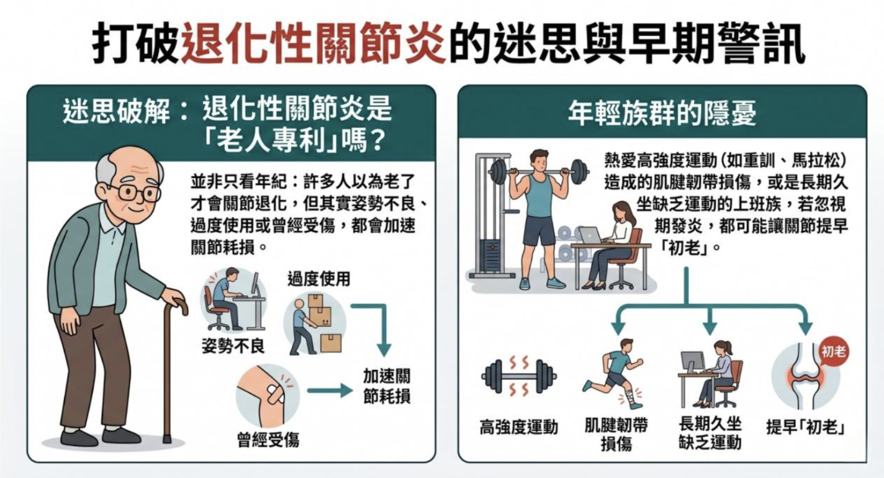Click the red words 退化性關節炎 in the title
(x=313, y=43)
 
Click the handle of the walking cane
(x=178, y=305)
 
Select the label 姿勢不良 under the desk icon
(x=233, y=346)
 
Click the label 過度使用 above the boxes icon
(x=318, y=279)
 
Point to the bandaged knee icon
(x=268, y=395)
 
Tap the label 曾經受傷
(x=268, y=440)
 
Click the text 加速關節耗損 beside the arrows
(x=386, y=386)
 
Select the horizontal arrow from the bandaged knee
(x=330, y=390)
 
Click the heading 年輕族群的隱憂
(x=662, y=113)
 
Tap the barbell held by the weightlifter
(x=539, y=172)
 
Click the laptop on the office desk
(x=589, y=235)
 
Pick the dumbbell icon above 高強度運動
(x=519, y=376)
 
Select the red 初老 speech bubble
(x=833, y=351)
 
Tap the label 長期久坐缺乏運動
(x=710, y=433)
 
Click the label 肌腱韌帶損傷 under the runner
(x=616, y=434)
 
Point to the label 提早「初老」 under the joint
(x=805, y=427)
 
